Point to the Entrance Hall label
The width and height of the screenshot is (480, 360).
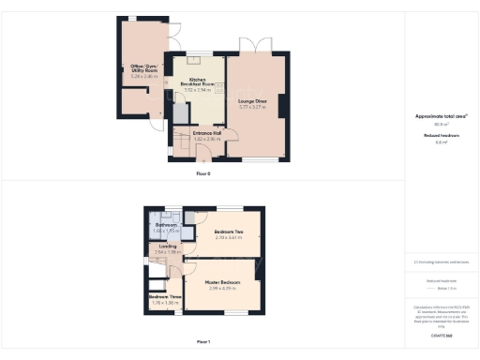(x=206, y=133)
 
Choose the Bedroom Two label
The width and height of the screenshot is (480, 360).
(x=229, y=232)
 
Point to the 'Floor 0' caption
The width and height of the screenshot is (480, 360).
(x=203, y=174)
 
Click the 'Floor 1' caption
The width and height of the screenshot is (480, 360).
(x=203, y=343)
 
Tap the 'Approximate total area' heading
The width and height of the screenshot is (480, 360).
(x=441, y=116)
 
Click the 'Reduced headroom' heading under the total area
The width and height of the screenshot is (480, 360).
(x=441, y=135)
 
